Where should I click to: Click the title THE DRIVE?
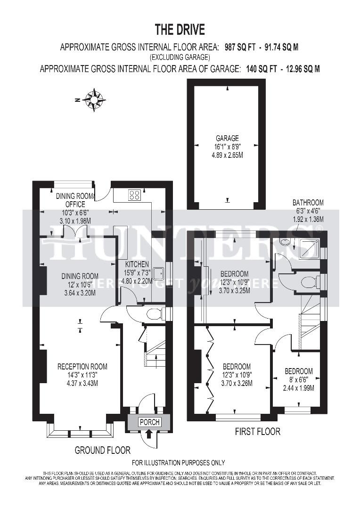click(180, 30)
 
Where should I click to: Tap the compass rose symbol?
click(95, 100)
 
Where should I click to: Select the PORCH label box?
click(149, 422)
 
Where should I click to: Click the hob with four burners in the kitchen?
click(134, 195)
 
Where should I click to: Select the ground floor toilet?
click(155, 314)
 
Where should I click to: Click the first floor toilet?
click(309, 282)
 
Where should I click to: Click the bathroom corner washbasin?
click(285, 243)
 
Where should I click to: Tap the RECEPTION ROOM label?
click(82, 366)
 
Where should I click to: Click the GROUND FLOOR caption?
click(102, 450)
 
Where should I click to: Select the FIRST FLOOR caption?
click(257, 431)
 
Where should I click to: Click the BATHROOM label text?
click(308, 203)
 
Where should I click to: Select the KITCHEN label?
click(137, 264)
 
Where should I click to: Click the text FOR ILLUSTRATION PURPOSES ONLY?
click(178, 463)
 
